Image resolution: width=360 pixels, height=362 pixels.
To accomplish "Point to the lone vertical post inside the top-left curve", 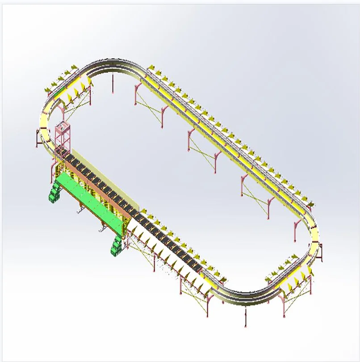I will tap(113, 84).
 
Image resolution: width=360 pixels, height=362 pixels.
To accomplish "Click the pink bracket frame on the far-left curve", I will tap(37, 139).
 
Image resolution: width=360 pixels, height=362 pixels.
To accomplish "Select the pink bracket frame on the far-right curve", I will tap(321, 253).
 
